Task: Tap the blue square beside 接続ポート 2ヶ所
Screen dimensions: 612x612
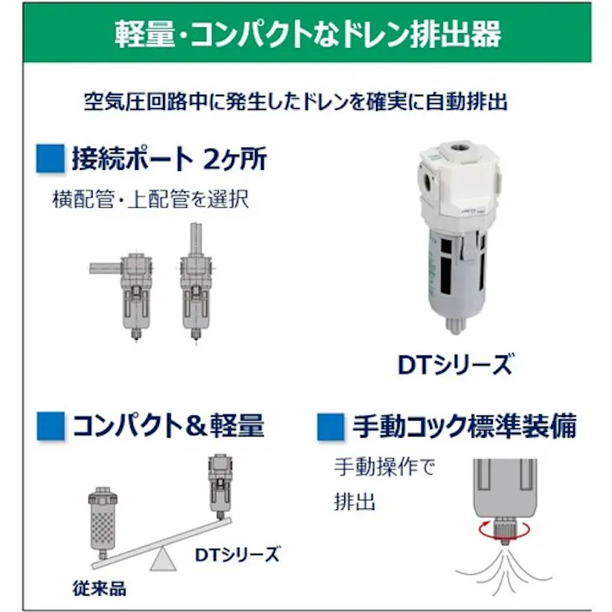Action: pos(53,158)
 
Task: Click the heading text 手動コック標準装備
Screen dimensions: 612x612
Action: pos(464,426)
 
